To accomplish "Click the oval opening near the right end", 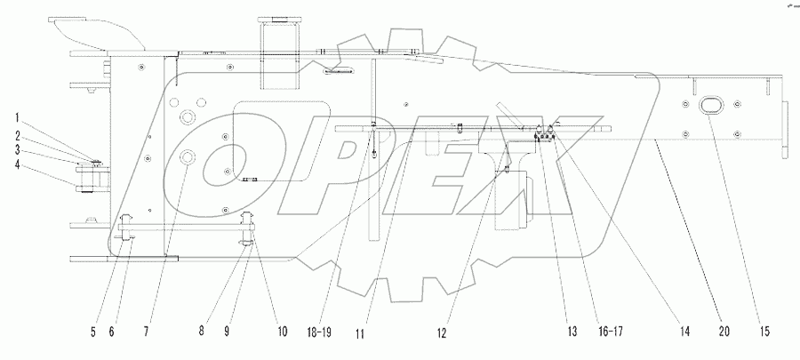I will pyautogui.click(x=713, y=106).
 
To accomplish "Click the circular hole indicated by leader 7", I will pyautogui.click(x=188, y=156).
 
